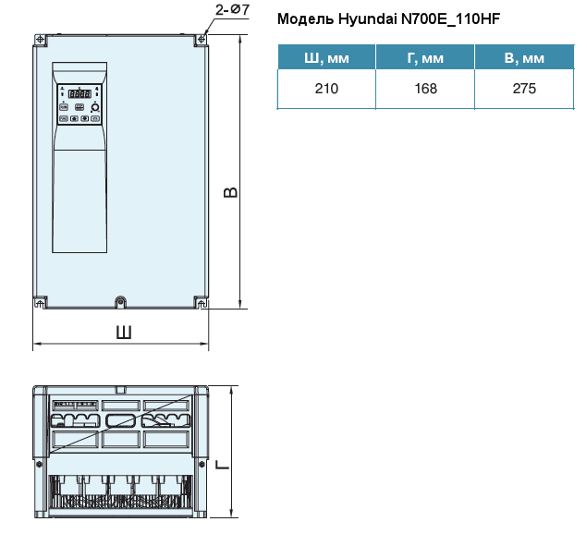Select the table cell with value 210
[326, 90]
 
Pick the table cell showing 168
[425, 90]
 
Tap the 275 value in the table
[524, 90]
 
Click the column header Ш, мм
[326, 59]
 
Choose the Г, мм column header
[425, 59]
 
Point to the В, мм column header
[524, 59]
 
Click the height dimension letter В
[232, 192]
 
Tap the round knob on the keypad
[94, 107]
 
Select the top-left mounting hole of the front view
[40, 41]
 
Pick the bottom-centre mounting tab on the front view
[120, 301]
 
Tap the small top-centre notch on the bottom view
[120, 389]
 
